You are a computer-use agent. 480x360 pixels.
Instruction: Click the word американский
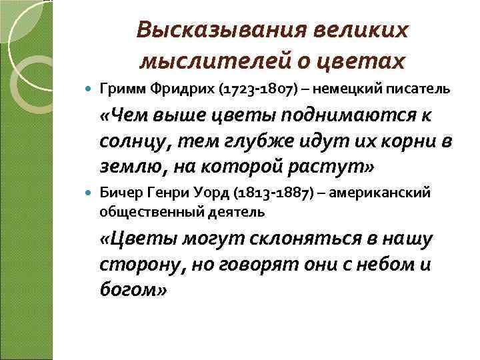[x=373, y=193]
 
